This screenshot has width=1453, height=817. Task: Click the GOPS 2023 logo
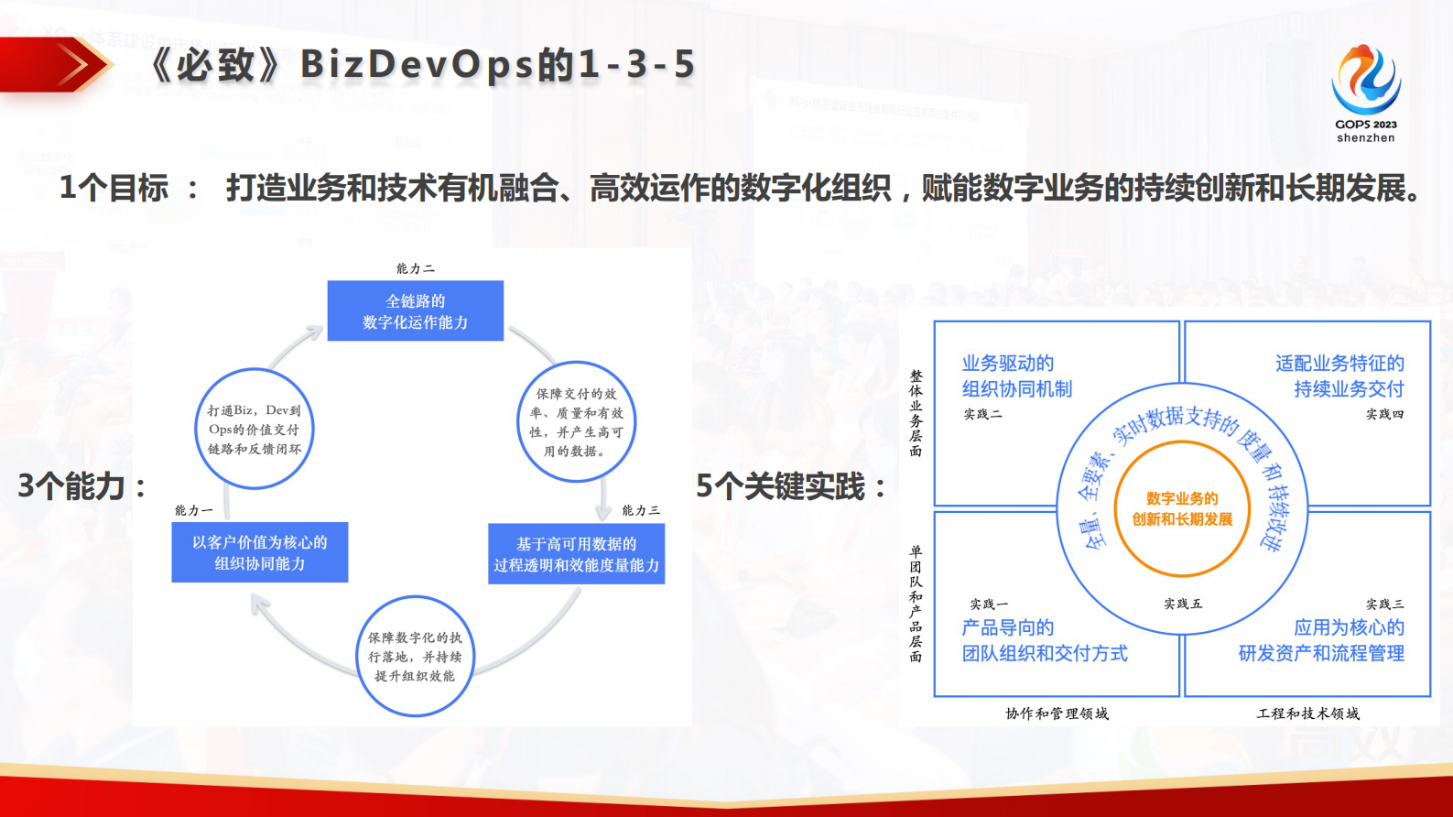(x=1365, y=92)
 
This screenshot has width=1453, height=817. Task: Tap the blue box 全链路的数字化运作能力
(x=415, y=311)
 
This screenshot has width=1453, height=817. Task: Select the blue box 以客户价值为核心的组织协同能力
(x=260, y=552)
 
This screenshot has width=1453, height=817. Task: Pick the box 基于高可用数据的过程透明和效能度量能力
(x=576, y=554)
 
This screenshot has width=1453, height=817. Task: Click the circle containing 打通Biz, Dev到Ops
(x=255, y=429)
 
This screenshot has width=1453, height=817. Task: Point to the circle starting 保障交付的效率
(x=576, y=421)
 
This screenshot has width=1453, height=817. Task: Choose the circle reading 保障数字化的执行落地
(x=415, y=656)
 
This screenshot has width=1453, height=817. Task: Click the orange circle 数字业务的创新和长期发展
(x=1181, y=509)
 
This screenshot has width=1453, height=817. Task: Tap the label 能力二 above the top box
(x=415, y=268)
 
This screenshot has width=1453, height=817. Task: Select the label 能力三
(x=641, y=510)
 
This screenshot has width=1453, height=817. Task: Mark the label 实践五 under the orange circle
(x=1183, y=604)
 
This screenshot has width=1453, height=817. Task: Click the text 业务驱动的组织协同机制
(x=1016, y=376)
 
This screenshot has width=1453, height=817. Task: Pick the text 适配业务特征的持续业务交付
(x=1339, y=376)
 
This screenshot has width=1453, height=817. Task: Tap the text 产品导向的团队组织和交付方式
(x=1044, y=640)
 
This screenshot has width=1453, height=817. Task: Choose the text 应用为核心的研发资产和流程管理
(x=1321, y=640)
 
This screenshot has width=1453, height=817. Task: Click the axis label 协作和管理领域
(x=1057, y=714)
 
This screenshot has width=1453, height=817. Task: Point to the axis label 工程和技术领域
(x=1307, y=714)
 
